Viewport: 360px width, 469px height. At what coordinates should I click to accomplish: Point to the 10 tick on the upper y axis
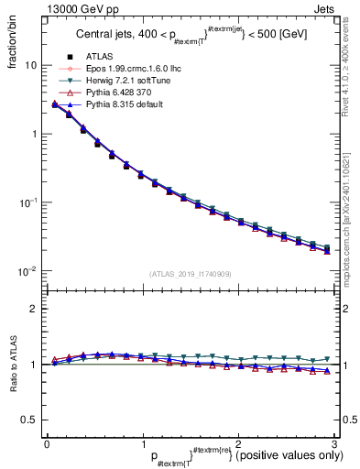click(x=30, y=66)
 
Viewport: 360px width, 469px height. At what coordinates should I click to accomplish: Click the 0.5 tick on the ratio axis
click(x=28, y=420)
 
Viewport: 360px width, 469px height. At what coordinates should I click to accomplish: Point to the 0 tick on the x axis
click(x=46, y=443)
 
